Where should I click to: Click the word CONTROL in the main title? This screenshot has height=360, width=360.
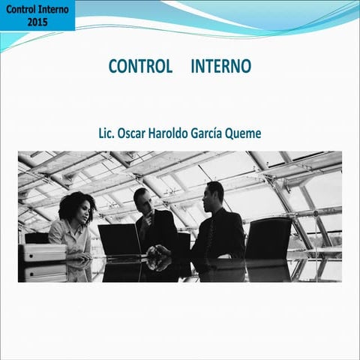(140, 66)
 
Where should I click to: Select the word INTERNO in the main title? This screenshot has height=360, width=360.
(221, 66)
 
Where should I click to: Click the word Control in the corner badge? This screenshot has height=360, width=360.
(22, 10)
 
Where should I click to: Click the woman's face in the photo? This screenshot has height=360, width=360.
(83, 211)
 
